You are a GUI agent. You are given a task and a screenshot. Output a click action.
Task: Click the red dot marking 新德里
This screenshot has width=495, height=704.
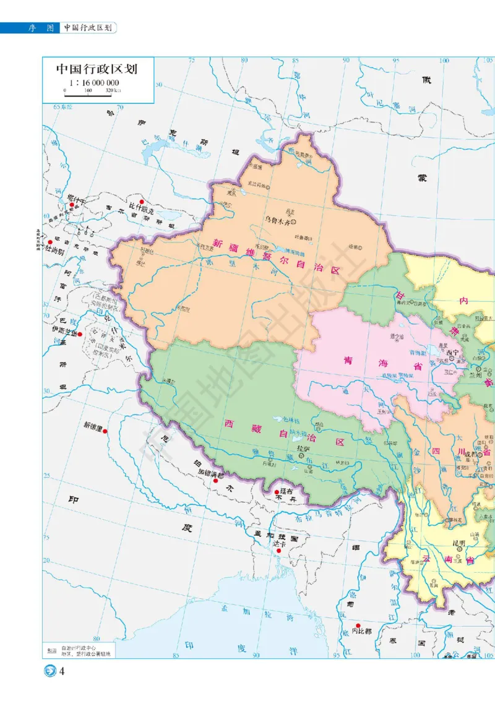pyautogui.click(x=106, y=431)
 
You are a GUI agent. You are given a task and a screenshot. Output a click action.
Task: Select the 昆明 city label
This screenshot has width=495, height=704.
pyautogui.click(x=458, y=544)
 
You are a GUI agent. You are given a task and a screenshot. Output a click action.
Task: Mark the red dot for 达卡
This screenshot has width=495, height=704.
pyautogui.click(x=279, y=551)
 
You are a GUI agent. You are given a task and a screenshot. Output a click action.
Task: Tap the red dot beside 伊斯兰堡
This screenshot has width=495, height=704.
pyautogui.click(x=80, y=334)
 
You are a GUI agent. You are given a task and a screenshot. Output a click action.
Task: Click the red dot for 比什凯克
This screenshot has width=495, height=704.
pyautogui.click(x=142, y=202)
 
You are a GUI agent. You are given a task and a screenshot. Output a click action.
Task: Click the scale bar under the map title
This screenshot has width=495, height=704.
pyautogui.click(x=89, y=95)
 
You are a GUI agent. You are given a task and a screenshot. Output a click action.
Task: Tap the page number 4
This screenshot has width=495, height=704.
pyautogui.click(x=62, y=672)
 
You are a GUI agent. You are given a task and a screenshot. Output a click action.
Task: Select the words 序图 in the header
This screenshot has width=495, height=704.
pyautogui.click(x=41, y=28)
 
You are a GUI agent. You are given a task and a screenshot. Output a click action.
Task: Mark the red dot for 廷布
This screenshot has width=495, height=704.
pyautogui.click(x=277, y=492)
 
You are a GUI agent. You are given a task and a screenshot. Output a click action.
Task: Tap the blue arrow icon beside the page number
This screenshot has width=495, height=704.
pyautogui.click(x=49, y=672)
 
